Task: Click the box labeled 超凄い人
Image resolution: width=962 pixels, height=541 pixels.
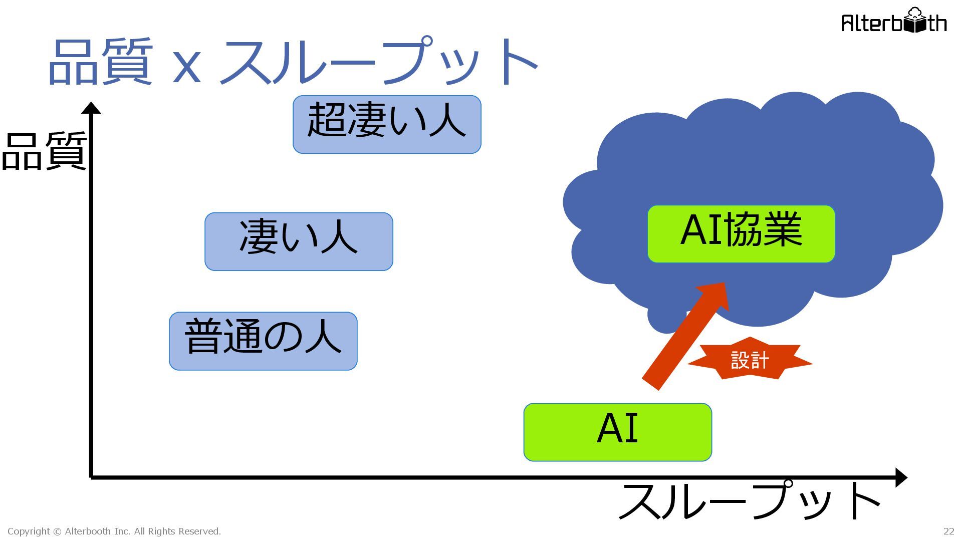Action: [x=387, y=124]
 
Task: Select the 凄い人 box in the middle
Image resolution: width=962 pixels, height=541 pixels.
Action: [x=299, y=241]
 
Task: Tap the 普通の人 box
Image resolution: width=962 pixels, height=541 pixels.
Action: [x=263, y=341]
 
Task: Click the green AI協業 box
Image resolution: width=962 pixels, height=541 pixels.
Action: [x=741, y=233]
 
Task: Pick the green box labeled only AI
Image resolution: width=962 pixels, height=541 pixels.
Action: [x=617, y=432]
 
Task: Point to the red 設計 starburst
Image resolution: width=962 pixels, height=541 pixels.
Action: [x=750, y=360]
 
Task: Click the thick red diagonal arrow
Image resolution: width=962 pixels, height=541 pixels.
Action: [x=684, y=336]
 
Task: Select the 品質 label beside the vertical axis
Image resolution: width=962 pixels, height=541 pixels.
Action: [x=44, y=151]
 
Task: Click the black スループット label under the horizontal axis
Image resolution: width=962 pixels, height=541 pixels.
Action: [x=749, y=501]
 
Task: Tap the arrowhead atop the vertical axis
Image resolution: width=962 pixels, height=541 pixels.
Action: [x=91, y=108]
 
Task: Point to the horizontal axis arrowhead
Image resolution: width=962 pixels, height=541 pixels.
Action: [x=900, y=477]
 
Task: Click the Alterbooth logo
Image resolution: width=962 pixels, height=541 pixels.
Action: [x=894, y=22]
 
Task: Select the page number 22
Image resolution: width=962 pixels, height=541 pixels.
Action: [x=948, y=531]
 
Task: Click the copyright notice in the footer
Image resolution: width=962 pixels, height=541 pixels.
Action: [x=114, y=531]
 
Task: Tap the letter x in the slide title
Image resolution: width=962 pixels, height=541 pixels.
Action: [x=186, y=69]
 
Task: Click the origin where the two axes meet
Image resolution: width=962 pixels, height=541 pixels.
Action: [x=91, y=477]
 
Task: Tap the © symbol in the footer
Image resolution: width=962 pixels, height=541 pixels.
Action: [x=57, y=531]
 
